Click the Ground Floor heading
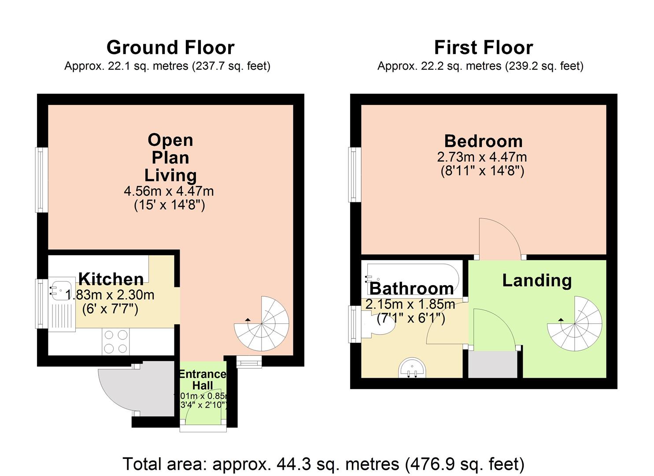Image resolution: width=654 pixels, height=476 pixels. tap(170, 47)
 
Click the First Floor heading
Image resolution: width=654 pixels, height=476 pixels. tap(484, 47)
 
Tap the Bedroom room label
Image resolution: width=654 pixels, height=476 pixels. tap(483, 141)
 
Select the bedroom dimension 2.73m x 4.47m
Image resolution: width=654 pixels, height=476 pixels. tap(482, 157)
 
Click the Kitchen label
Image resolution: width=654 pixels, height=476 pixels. tap(111, 279)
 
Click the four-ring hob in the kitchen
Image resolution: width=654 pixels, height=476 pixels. tap(116, 342)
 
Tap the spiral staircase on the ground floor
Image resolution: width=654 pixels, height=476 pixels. tap(262, 324)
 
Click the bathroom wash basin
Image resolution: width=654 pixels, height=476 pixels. tap(413, 368)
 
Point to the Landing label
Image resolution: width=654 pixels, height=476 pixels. tap(537, 280)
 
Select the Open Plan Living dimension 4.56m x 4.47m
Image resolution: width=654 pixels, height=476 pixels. tap(169, 191)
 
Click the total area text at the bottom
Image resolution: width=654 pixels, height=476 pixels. tap(324, 464)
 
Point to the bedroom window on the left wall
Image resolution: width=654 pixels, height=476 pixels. tap(355, 175)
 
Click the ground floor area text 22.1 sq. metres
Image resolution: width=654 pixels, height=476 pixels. tap(167, 66)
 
